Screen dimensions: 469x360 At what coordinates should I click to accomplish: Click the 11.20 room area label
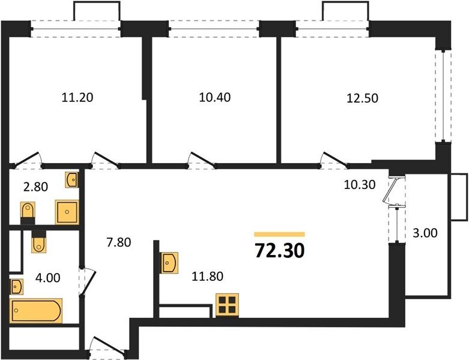point(77,97)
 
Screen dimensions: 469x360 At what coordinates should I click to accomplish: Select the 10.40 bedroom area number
point(215,97)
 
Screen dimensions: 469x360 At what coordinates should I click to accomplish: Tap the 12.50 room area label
point(362,98)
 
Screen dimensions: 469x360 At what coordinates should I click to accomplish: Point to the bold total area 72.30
point(280,250)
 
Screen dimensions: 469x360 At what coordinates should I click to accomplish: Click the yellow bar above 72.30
point(280,234)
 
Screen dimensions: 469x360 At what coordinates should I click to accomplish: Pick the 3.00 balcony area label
point(425,233)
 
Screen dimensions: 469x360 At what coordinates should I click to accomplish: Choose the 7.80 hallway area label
point(119,242)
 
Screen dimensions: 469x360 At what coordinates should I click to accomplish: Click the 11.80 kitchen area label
point(207,277)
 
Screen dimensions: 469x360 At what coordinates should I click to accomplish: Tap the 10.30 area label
point(360,185)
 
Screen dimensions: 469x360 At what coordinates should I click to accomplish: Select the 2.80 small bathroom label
point(35,187)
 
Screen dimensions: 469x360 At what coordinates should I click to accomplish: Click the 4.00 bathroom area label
point(47,278)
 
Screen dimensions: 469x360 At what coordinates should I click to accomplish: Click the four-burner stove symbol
point(228,305)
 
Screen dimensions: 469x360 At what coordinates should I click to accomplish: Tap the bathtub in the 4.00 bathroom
point(36,310)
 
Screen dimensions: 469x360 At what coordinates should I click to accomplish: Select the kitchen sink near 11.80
point(169,263)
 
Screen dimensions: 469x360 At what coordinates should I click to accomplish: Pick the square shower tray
point(67,212)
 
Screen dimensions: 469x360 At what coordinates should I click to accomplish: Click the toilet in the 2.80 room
point(28,213)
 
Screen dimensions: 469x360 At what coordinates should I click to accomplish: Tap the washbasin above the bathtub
point(16,287)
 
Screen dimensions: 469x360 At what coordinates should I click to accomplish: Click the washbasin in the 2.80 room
point(72,180)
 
